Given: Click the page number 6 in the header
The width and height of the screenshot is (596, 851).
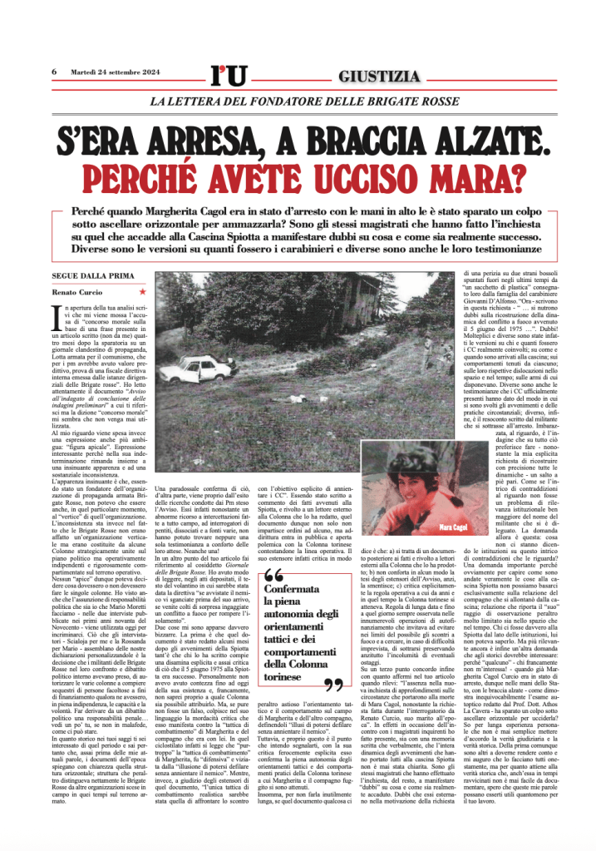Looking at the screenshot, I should click(x=54, y=72).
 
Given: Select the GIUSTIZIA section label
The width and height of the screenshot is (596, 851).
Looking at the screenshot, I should click(x=379, y=77).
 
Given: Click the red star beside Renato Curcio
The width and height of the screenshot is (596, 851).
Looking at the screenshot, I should click(x=142, y=292).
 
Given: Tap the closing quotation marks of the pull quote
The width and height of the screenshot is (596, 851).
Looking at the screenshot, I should click(x=336, y=685).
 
